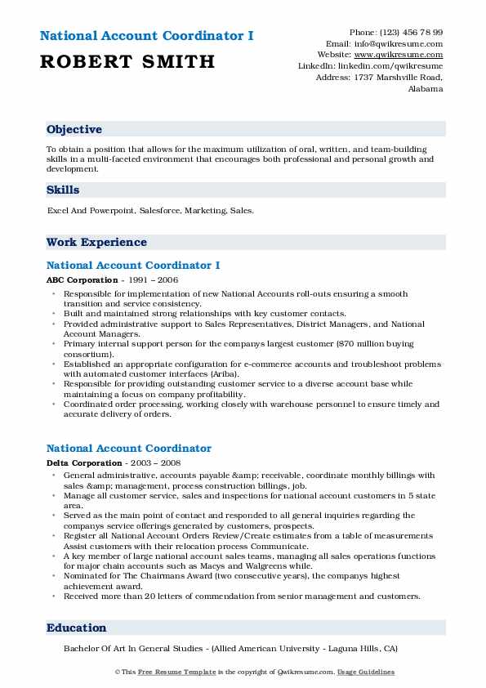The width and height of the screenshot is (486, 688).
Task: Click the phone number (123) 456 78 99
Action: click(x=410, y=32)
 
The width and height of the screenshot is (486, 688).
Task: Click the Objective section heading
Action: click(x=74, y=130)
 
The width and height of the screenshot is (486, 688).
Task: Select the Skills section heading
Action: click(x=63, y=190)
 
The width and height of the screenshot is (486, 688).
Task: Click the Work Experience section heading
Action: click(x=96, y=243)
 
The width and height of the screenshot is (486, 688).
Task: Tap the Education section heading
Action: click(x=77, y=628)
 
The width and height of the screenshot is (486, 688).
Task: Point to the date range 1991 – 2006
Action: click(x=152, y=280)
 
